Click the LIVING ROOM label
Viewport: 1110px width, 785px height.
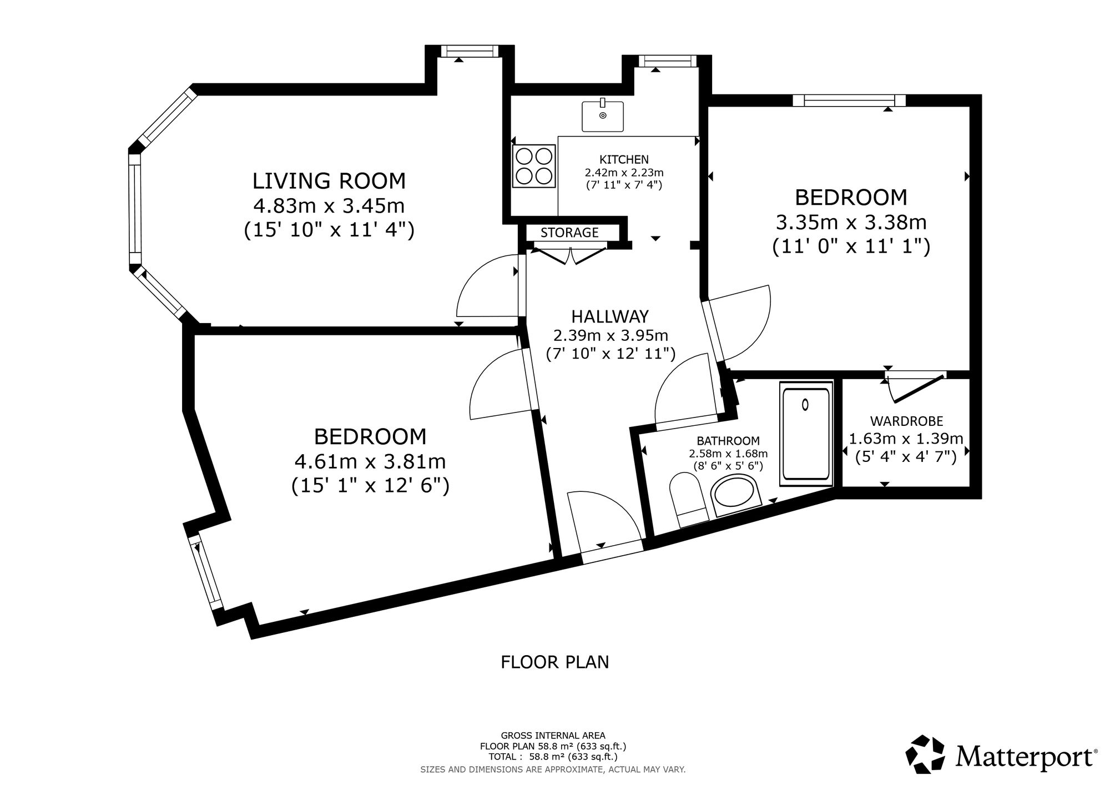tap(329, 181)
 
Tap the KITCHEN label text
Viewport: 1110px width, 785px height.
tap(624, 160)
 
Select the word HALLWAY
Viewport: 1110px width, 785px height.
tap(610, 316)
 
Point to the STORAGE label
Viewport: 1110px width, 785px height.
tap(569, 233)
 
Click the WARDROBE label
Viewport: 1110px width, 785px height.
tap(906, 421)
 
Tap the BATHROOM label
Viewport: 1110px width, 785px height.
tap(728, 441)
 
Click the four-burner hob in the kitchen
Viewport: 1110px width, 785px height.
tap(534, 165)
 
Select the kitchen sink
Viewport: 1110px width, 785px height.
tap(603, 115)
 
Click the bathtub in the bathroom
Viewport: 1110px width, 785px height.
tap(806, 435)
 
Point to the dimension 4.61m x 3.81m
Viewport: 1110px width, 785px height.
tap(370, 461)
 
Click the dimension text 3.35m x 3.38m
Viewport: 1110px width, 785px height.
tap(851, 223)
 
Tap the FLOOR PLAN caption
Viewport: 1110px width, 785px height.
tap(555, 662)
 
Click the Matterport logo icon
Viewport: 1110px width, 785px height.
tap(926, 754)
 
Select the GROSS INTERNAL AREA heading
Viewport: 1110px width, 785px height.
tap(553, 736)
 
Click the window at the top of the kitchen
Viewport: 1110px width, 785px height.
tap(667, 62)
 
